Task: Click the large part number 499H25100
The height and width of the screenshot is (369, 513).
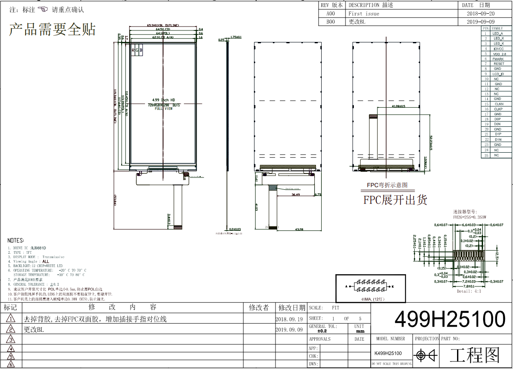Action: click(450, 319)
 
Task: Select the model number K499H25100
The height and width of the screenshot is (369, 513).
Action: click(388, 354)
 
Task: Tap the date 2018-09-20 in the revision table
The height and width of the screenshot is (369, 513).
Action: click(480, 14)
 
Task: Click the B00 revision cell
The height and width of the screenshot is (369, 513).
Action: click(331, 22)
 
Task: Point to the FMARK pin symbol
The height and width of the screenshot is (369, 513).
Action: click(498, 59)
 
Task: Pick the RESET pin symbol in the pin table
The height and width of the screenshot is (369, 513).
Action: click(498, 64)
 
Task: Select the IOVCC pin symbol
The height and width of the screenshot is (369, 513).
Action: click(498, 49)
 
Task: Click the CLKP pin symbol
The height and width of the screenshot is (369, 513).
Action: click(498, 109)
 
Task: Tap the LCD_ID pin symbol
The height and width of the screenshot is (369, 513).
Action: click(498, 74)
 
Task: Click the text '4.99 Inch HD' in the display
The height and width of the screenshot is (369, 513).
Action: click(163, 100)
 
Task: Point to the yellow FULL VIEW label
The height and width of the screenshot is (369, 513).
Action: click(164, 109)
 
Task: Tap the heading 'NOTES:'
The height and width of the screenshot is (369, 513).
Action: click(16, 240)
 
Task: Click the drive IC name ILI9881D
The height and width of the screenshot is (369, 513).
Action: click(38, 248)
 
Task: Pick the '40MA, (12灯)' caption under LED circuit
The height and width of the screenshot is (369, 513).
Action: click(370, 299)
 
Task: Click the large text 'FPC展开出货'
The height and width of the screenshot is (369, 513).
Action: click(395, 200)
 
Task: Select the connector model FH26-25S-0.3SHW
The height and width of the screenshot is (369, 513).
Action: click(470, 217)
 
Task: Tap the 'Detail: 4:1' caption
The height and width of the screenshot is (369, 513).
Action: click(469, 291)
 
